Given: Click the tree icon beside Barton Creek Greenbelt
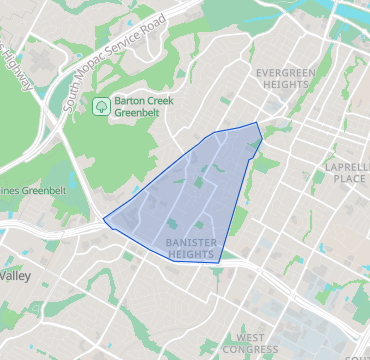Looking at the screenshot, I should coord(100,105).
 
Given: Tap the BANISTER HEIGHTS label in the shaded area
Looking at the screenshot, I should coord(191,249).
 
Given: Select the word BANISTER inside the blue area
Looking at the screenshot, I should coord(191,243).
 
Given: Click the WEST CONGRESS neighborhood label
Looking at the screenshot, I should coord(250,344).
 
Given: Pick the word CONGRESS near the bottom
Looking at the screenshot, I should coord(250,350).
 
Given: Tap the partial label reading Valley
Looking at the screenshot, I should coord(16,275).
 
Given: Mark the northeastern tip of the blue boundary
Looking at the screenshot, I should coord(257,122).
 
